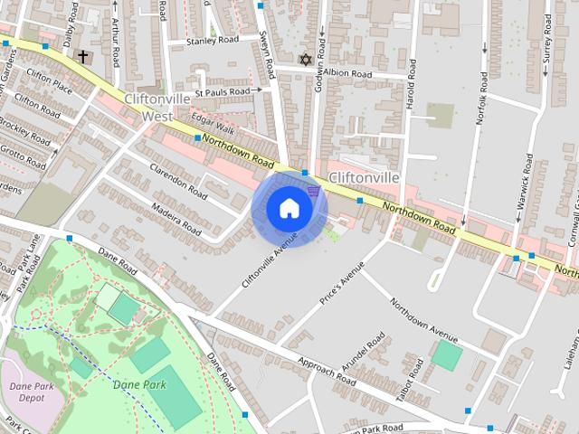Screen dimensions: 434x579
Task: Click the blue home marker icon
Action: pos(289,208)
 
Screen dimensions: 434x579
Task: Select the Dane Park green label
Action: pos(140,384)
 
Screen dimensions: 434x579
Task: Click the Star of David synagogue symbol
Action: pos(305,60)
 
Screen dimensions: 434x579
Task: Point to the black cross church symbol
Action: pos(82,57)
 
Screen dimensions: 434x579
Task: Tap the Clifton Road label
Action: pos(38,105)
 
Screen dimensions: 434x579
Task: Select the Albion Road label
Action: pos(347,73)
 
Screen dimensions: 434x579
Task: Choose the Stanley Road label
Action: pos(212,41)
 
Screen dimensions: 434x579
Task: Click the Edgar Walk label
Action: pos(214,128)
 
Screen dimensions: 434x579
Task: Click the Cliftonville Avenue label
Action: pos(269,260)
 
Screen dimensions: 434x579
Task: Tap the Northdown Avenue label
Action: pos(424,323)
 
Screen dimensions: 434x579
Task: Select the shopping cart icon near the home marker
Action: pos(313,190)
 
